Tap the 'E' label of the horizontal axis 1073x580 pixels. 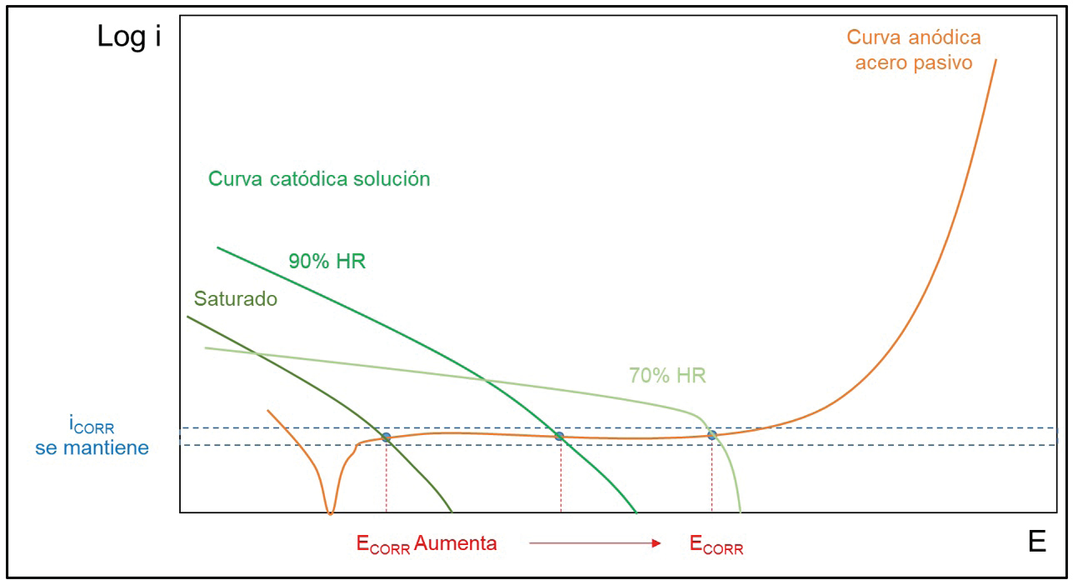pyautogui.click(x=1036, y=542)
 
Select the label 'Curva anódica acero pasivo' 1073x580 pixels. pyautogui.click(x=913, y=49)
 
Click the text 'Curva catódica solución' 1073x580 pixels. pyautogui.click(x=319, y=178)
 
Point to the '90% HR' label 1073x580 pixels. pyautogui.click(x=327, y=261)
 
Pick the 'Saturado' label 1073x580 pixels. pyautogui.click(x=235, y=299)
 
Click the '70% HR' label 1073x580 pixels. pyautogui.click(x=667, y=376)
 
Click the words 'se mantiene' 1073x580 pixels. pyautogui.click(x=92, y=448)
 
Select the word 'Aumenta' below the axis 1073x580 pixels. pyautogui.click(x=456, y=543)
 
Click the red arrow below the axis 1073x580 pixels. pyautogui.click(x=595, y=543)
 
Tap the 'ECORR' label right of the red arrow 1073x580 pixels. pyautogui.click(x=716, y=546)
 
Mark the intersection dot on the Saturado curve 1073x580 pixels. pyautogui.click(x=386, y=437)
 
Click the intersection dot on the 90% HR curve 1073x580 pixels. pyautogui.click(x=559, y=436)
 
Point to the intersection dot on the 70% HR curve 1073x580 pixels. pyautogui.click(x=712, y=435)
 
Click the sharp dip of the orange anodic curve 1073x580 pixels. pyautogui.click(x=330, y=512)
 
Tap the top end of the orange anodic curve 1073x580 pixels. pyautogui.click(x=996, y=60)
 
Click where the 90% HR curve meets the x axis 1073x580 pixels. pyautogui.click(x=636, y=512)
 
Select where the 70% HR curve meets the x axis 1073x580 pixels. pyautogui.click(x=740, y=512)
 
